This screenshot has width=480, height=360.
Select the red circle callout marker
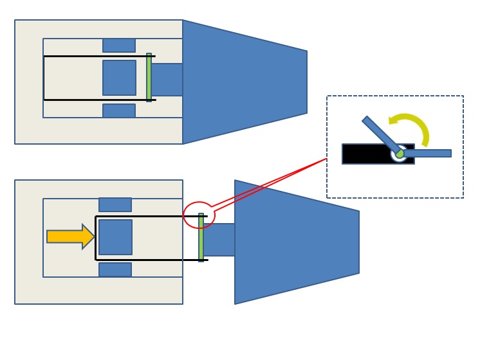coord(199,215)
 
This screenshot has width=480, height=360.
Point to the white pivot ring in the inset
coord(399,154)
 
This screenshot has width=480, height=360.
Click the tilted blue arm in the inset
coord(380,133)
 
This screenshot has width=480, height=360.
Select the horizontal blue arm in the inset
coord(428,153)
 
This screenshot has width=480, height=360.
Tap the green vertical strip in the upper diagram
coord(149,77)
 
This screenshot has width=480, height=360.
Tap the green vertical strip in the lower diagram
coord(201,237)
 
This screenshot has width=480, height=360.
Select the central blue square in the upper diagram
coord(119,78)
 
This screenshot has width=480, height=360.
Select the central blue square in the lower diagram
coord(115,237)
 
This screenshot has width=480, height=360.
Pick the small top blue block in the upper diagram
coord(119,45)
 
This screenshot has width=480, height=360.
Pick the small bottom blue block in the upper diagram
coord(119,111)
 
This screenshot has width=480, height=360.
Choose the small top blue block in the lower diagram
coord(115,204)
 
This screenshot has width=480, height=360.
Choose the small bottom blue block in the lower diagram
coord(115,269)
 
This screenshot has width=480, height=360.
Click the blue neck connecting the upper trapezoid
coord(167,80)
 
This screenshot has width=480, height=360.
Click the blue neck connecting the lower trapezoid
coord(219,240)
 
